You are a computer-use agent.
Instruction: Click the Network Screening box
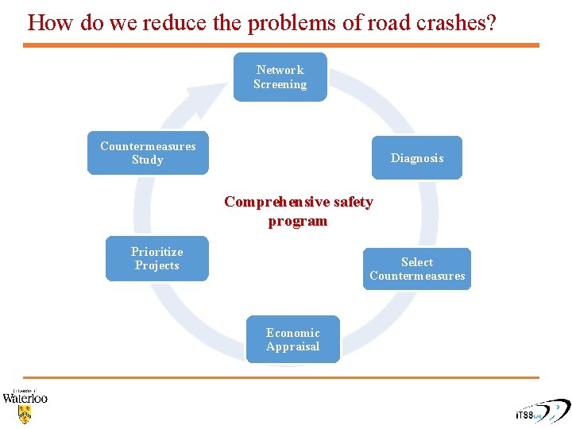click(x=280, y=77)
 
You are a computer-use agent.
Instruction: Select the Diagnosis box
click(x=416, y=157)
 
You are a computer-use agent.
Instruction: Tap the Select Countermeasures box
click(x=416, y=269)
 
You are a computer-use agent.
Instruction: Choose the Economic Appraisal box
click(x=292, y=339)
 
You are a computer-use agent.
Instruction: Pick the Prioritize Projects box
click(x=157, y=258)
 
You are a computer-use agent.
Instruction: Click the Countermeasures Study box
click(x=148, y=153)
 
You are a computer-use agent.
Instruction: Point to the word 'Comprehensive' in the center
click(x=276, y=202)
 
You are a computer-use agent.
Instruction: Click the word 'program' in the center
click(x=297, y=221)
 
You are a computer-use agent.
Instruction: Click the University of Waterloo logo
click(x=25, y=404)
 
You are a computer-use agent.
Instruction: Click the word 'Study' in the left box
click(x=148, y=160)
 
